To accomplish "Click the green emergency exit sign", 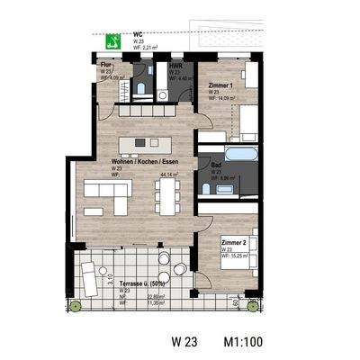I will tap(113, 40).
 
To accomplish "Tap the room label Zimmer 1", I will tap(220, 85).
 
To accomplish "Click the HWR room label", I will tap(176, 66).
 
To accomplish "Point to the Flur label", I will tap(106, 66).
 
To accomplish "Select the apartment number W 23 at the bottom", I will tap(185, 342).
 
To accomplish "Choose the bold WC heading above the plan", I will tap(138, 35).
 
